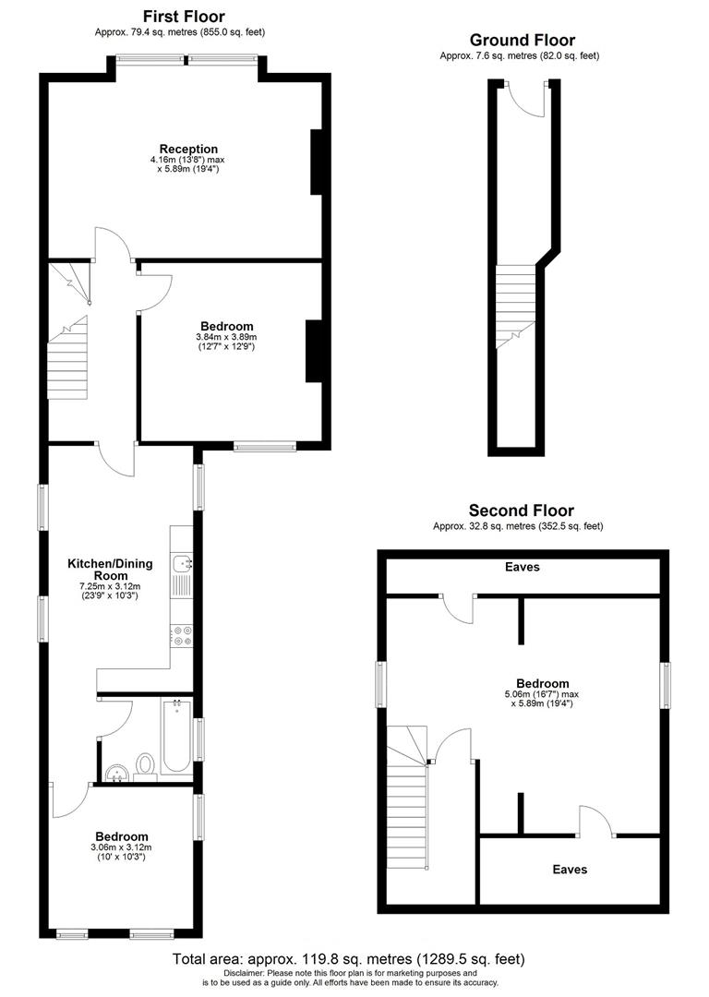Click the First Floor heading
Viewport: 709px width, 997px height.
[x=184, y=17]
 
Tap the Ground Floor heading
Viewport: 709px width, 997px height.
[x=522, y=40]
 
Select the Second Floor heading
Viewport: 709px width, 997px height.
[x=521, y=511]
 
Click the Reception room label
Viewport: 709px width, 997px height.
[x=188, y=149]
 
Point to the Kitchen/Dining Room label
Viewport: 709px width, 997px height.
[x=110, y=569]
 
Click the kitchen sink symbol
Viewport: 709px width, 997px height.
[x=182, y=561]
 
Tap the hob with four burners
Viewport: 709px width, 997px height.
[x=181, y=634]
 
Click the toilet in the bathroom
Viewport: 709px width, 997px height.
[x=145, y=765]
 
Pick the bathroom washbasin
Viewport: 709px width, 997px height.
[x=115, y=772]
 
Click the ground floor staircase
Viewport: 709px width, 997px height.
[x=515, y=305]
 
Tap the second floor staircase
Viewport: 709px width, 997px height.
[x=407, y=799]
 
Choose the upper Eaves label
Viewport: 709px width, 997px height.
[x=522, y=567]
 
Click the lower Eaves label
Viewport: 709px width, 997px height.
[x=570, y=869]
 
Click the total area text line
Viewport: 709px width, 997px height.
[x=348, y=959]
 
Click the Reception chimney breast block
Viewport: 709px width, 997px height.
[x=316, y=162]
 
